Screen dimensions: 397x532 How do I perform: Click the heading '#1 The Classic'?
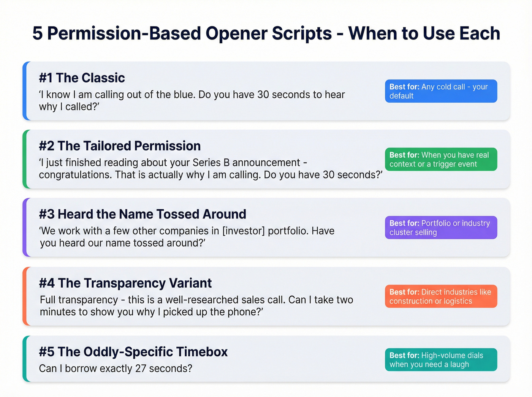82,78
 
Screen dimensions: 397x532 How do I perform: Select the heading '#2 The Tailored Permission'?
120,146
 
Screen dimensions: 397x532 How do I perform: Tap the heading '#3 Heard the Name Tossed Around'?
142,214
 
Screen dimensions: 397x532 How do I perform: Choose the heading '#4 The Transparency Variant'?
125,283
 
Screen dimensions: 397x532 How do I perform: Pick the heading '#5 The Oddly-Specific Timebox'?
133,352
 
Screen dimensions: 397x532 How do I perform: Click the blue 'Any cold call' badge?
441,91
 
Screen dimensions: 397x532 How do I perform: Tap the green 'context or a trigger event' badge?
441,160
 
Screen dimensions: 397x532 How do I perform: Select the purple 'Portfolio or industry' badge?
441,228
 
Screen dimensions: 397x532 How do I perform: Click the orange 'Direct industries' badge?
441,296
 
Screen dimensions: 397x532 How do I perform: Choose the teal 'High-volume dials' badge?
441,360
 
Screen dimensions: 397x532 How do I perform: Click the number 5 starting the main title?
37,33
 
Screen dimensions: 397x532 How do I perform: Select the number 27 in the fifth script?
141,369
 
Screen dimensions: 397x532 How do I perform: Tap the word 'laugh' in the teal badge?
459,365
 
